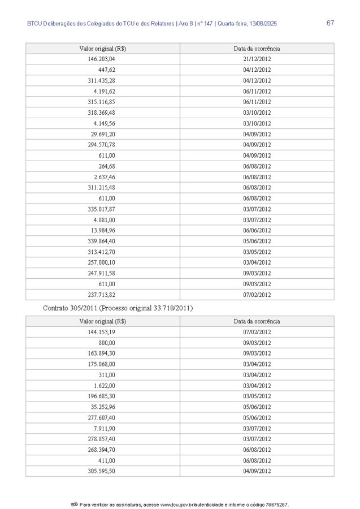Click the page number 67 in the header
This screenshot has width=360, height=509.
(x=331, y=23)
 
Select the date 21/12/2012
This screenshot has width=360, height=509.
(x=257, y=59)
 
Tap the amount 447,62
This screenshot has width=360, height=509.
(x=107, y=70)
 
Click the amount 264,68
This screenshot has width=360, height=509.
(x=107, y=166)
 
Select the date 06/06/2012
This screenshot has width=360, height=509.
(x=257, y=230)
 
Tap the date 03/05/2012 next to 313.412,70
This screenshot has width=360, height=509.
(x=257, y=252)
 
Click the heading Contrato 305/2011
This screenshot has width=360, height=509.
(x=73, y=308)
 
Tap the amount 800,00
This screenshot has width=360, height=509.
(x=107, y=343)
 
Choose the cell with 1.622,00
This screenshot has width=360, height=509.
(x=105, y=386)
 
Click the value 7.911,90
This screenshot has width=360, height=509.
(x=105, y=428)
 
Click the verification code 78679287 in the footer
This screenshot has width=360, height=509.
(x=277, y=503)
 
